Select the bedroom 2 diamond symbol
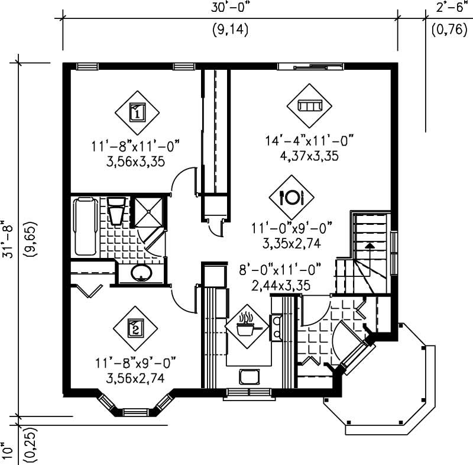point(135,326)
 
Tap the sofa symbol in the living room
point(309,106)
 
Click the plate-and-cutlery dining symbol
point(291,196)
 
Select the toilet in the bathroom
point(116,211)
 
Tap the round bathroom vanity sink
point(141,274)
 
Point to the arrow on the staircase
point(370,244)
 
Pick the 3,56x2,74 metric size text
point(135,375)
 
